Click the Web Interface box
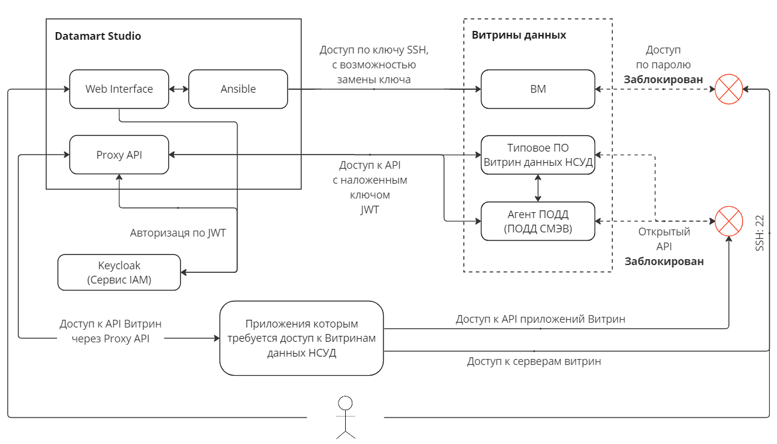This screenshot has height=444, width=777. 119,89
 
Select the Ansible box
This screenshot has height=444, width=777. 238,89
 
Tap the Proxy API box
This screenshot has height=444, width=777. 119,155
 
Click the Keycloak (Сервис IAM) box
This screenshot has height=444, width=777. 119,273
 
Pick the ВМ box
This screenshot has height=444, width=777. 538,89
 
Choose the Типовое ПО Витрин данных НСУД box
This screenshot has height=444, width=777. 538,155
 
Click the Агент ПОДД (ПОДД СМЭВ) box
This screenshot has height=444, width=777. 538,221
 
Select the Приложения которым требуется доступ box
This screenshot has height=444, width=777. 301,338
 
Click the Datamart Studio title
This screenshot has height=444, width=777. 98,36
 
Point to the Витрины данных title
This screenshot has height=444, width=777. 519,35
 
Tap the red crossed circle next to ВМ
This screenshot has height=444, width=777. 729,89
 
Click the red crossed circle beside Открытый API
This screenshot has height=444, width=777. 729,221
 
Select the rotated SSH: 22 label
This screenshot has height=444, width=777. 759,232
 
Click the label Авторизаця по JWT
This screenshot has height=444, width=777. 178,233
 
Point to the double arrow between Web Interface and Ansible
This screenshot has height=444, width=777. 179,89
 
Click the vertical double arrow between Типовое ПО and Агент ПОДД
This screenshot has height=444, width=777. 538,188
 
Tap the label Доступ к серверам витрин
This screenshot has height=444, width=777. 533,361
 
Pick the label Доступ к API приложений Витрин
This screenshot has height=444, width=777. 540,319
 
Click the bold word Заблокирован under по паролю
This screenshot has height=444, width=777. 663,80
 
